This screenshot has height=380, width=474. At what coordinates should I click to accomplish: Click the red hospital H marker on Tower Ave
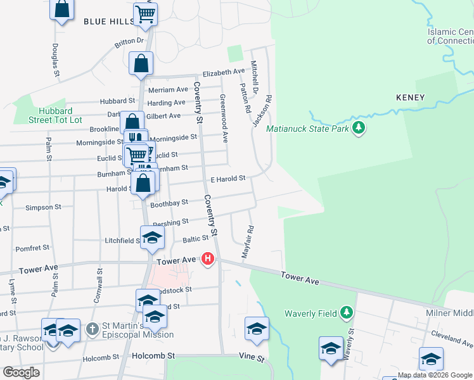[x=207, y=258]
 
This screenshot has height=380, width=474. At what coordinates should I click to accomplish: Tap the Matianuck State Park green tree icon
[x=359, y=129]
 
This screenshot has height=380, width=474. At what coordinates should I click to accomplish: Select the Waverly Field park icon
[x=346, y=312]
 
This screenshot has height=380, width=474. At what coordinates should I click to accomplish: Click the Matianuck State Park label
[x=308, y=129]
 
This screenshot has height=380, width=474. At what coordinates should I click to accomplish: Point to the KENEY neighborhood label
[x=410, y=98]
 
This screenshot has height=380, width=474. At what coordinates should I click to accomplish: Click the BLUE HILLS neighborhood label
[x=109, y=21]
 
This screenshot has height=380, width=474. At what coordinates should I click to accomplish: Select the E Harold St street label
[x=228, y=179]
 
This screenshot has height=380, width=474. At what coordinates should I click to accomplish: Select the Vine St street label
[x=252, y=358]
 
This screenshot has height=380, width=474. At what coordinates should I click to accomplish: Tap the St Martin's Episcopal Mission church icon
[x=93, y=329]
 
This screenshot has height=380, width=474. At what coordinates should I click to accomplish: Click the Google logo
[x=21, y=372]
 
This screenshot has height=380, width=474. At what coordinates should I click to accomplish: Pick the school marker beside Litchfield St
[x=152, y=238]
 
